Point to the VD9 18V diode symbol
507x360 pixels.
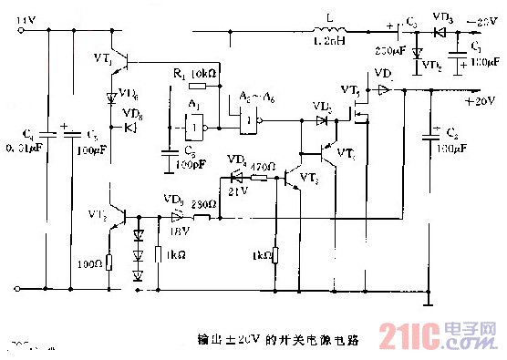[x=171, y=218]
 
